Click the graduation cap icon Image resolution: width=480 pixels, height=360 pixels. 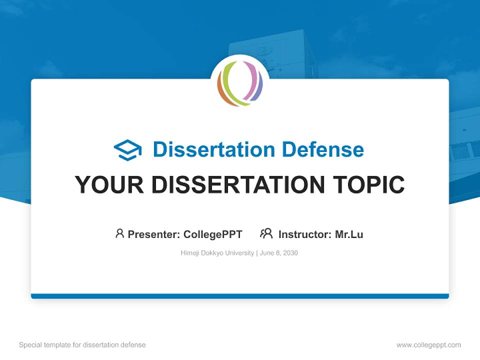[127, 150]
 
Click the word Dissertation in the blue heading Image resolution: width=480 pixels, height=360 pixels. [213, 149]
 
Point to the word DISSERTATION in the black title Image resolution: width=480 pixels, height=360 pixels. [237, 184]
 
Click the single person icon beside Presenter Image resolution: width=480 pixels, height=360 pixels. [119, 233]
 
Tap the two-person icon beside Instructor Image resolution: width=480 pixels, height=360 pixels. [266, 233]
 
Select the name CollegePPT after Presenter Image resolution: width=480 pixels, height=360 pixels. [213, 234]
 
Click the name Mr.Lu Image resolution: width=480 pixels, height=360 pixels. [349, 234]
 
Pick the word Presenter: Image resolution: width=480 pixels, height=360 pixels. [154, 234]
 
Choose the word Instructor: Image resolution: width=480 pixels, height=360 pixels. [305, 234]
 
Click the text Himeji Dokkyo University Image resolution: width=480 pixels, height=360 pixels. [217, 253]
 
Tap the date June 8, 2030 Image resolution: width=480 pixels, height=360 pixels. [279, 253]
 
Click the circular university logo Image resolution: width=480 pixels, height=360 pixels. [240, 83]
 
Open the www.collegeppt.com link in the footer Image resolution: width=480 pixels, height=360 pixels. [428, 345]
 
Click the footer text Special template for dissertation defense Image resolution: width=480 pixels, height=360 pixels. [82, 345]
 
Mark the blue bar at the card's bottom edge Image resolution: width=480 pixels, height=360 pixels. [240, 296]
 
